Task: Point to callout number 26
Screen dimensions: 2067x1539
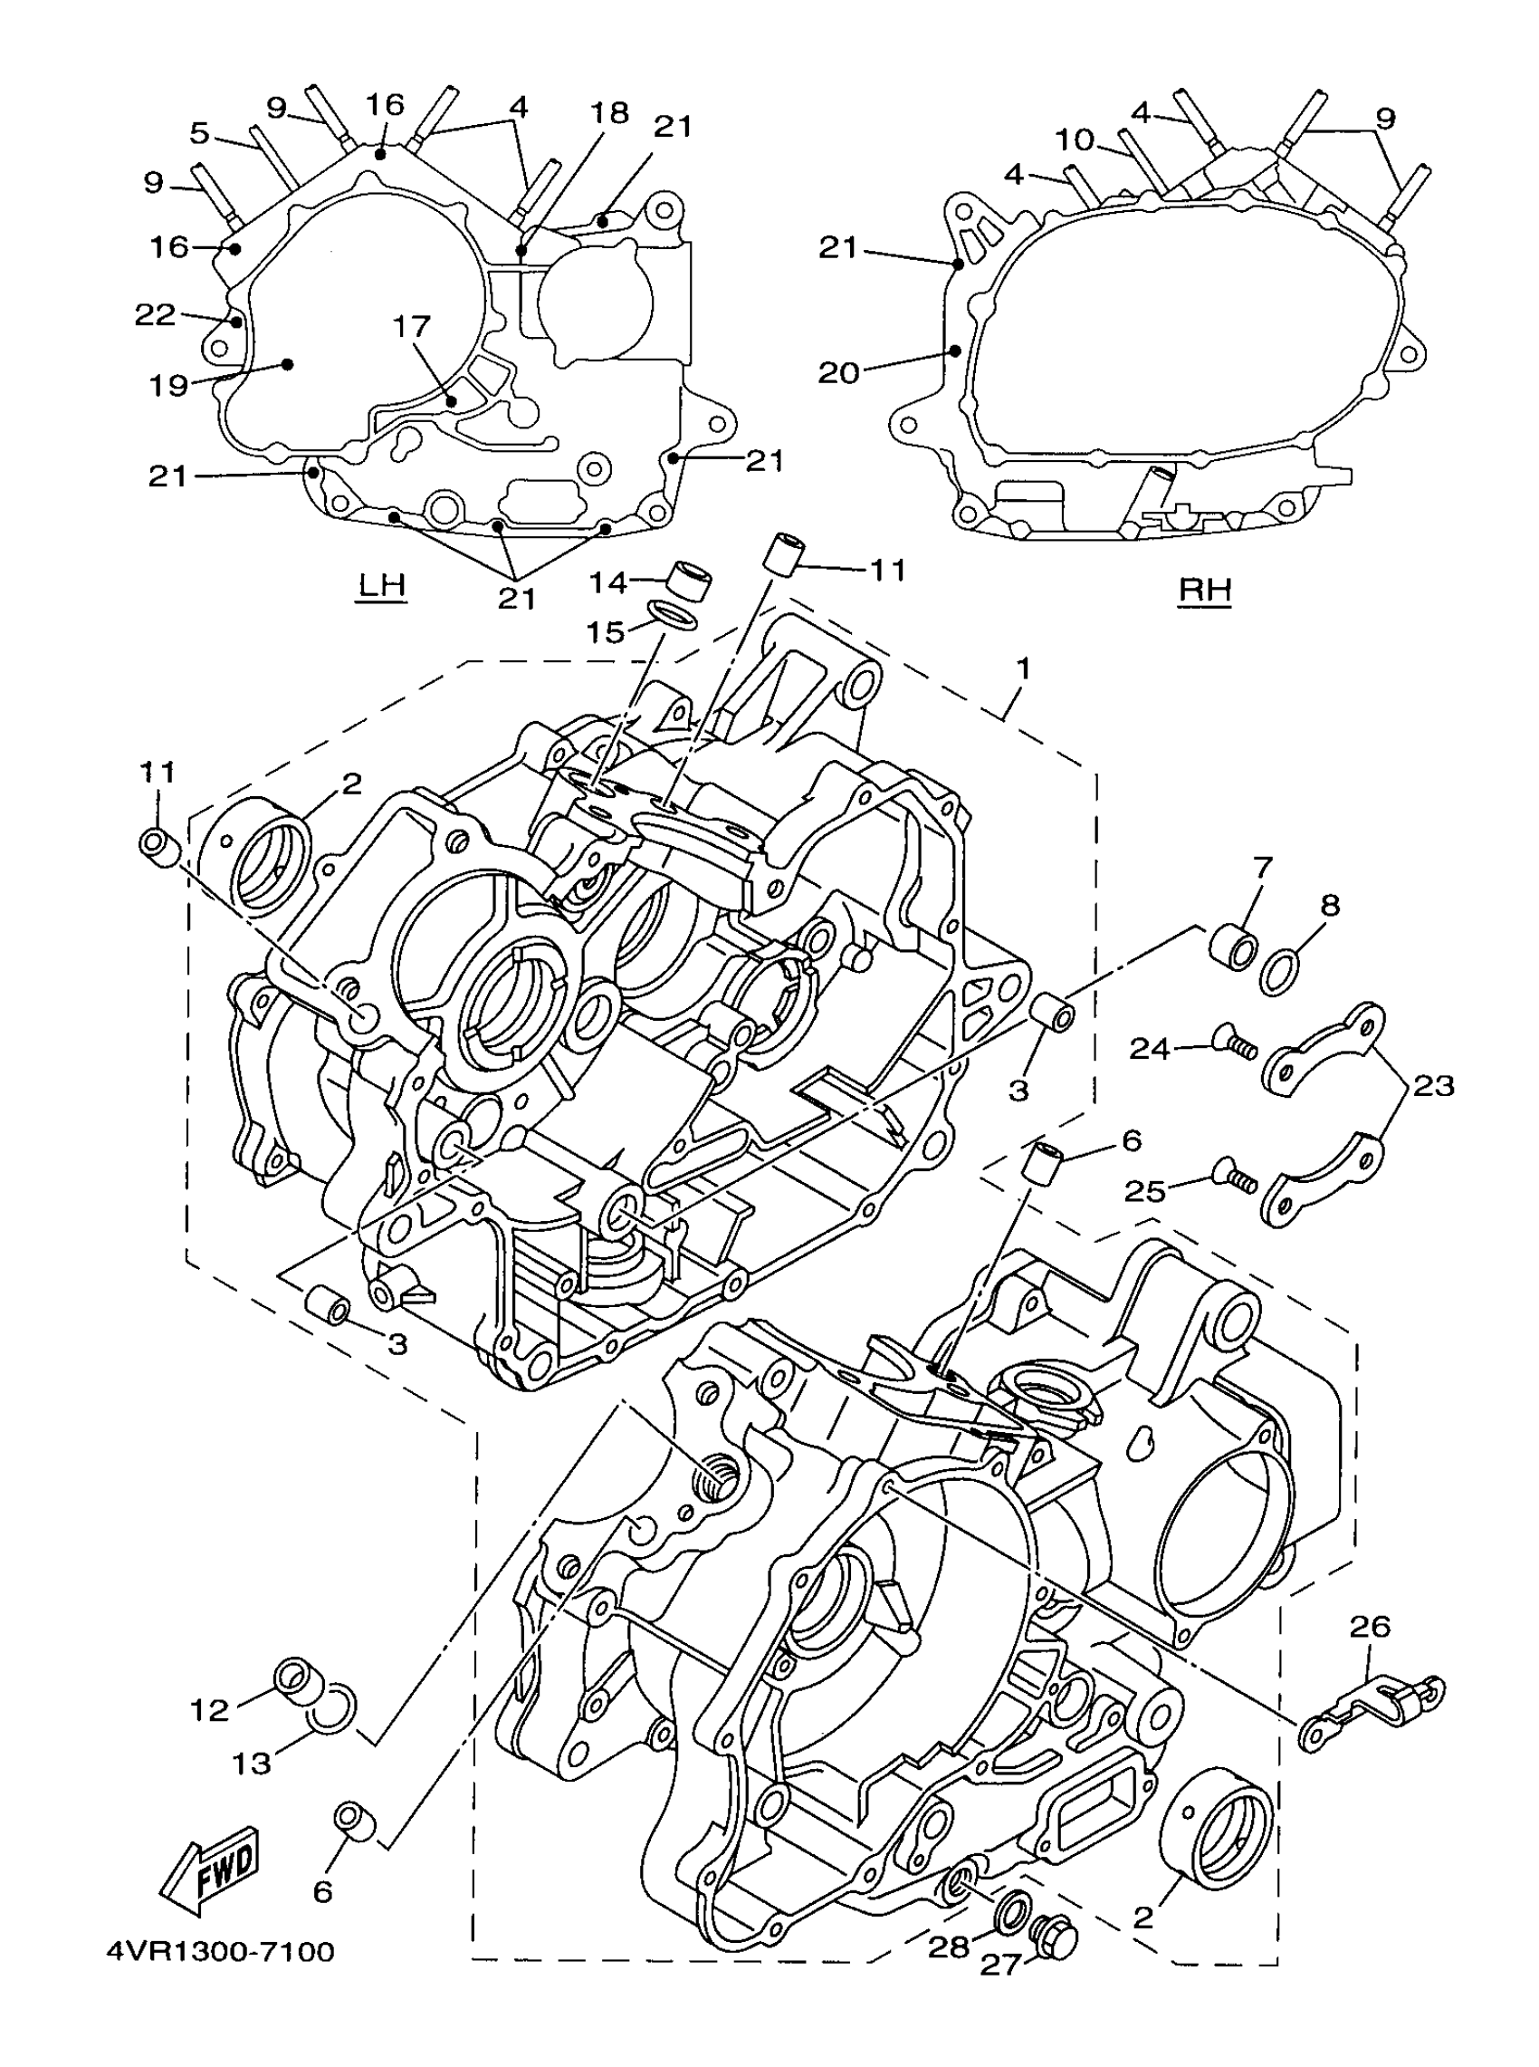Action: (1370, 1626)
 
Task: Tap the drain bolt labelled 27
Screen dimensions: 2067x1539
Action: (1056, 1940)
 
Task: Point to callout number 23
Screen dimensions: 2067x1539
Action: (1433, 1087)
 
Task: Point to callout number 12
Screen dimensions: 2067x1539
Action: (209, 1709)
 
